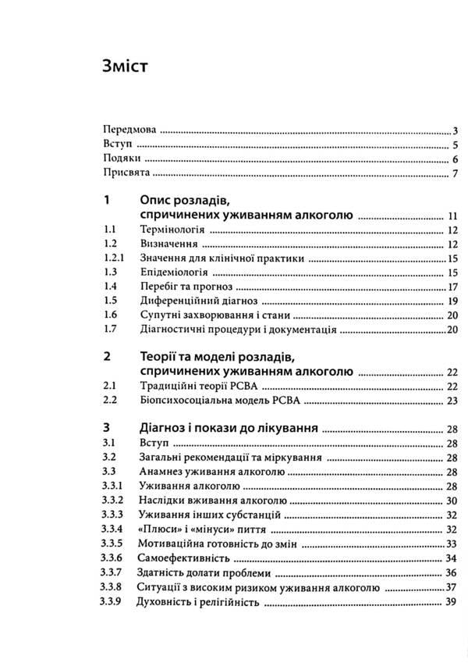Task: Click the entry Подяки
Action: point(118,159)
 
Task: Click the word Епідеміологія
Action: point(173,273)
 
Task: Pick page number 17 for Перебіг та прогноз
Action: point(451,287)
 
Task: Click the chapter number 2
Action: point(106,356)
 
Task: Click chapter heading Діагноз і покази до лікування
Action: point(227,429)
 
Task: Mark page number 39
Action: point(451,603)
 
